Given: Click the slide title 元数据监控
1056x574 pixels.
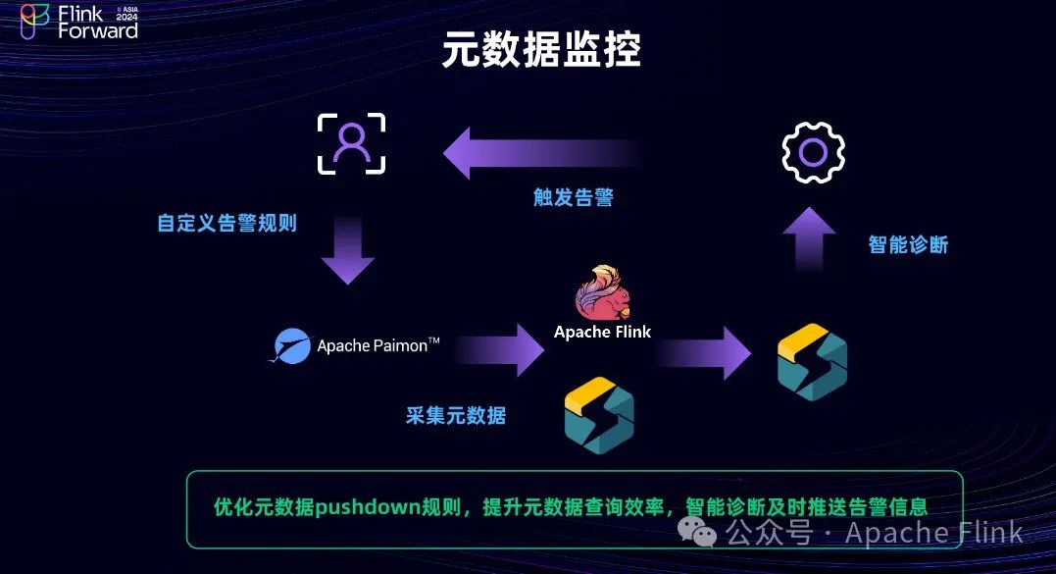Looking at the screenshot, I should coord(540,51).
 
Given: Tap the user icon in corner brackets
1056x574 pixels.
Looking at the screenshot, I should coord(350,144).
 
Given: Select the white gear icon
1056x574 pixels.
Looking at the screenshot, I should coord(813,152).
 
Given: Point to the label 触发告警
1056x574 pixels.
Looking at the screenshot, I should coord(574,197).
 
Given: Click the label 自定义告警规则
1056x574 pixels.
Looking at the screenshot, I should coord(226,223).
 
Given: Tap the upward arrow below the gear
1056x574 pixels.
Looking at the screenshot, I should coord(809,237).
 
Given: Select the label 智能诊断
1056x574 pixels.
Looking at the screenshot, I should coord(908,244).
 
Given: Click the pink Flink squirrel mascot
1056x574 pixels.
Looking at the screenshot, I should coord(601,292).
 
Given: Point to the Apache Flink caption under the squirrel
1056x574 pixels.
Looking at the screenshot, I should coord(602,332).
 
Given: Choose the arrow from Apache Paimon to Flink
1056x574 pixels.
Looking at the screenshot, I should coord(500,349).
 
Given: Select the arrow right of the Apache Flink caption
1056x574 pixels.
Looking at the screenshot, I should coord(706,349).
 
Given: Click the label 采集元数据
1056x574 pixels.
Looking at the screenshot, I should coord(456,415).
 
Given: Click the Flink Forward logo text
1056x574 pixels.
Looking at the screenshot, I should coord(97,22).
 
